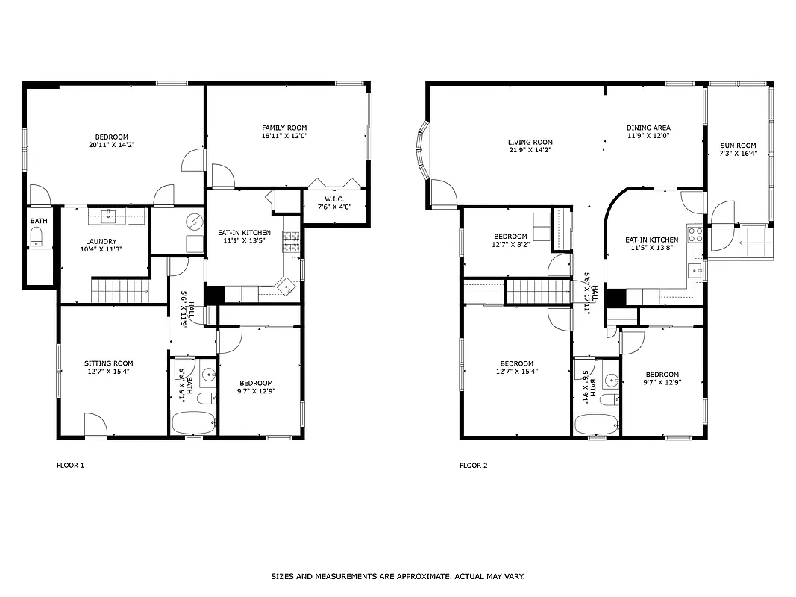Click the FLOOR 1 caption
71,466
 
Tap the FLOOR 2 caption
473,466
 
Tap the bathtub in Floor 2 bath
595,424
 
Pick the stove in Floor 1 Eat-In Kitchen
290,240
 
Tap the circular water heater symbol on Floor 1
195,222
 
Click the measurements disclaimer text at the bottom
398,576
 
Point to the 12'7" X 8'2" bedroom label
510,240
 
